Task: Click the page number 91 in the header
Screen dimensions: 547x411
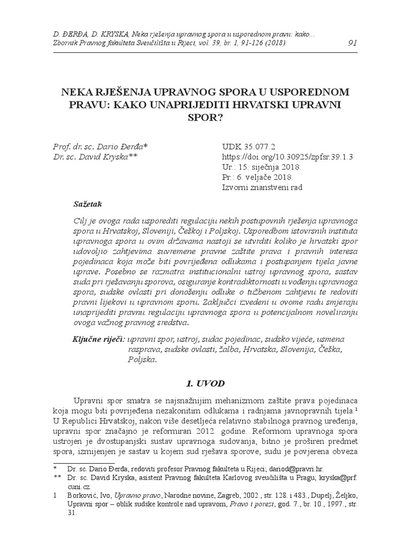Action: tap(352, 43)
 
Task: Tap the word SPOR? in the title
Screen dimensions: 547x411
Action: tap(205, 116)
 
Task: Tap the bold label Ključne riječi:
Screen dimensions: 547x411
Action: tap(98, 339)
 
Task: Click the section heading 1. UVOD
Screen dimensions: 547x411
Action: tap(205, 384)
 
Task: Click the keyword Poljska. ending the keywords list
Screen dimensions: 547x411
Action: tap(142, 360)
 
